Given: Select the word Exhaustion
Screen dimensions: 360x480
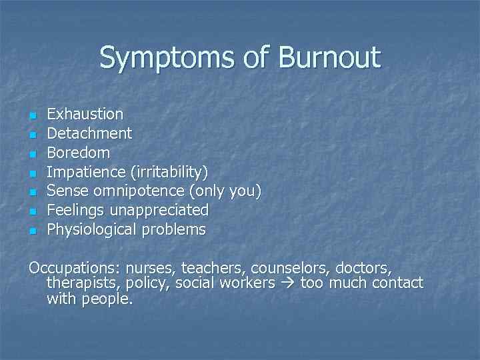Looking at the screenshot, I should click(x=85, y=115).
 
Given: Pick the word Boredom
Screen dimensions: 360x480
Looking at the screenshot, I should click(x=78, y=153).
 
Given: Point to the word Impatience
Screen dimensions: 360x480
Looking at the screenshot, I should click(x=87, y=172).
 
